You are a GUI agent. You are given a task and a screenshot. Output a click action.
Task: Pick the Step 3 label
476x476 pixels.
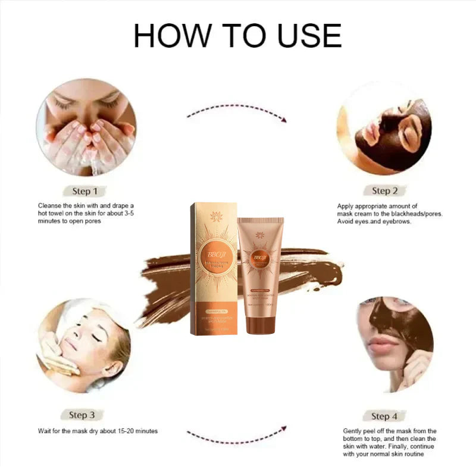point(82,415)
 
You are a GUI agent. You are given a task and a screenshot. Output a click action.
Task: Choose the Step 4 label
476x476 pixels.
point(384,416)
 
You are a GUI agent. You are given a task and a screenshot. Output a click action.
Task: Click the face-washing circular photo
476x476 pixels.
point(86,128)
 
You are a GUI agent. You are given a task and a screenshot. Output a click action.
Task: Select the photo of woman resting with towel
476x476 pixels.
point(83,345)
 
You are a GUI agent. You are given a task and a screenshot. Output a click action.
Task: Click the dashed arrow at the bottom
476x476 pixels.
point(237,436)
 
